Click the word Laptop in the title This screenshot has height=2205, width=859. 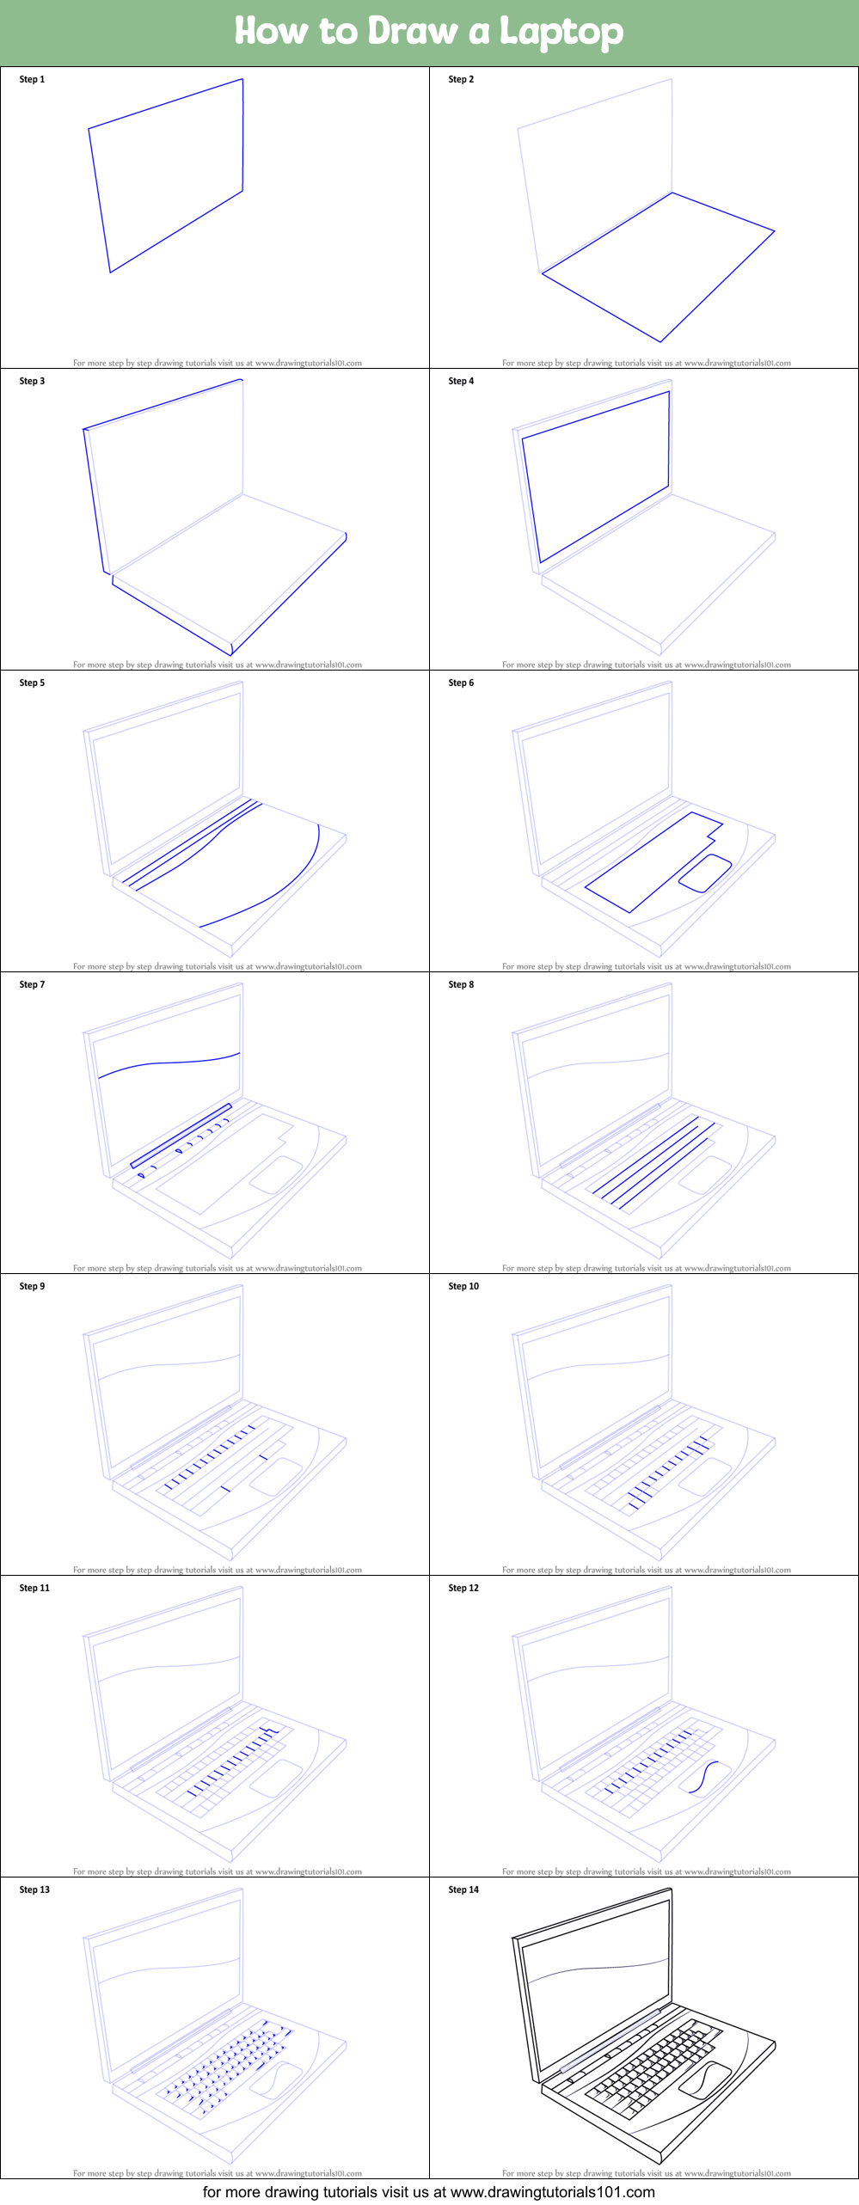pyautogui.click(x=561, y=33)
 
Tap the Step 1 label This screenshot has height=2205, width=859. pyautogui.click(x=32, y=79)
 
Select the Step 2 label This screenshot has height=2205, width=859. pyautogui.click(x=461, y=79)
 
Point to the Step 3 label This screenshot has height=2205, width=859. pyautogui.click(x=32, y=381)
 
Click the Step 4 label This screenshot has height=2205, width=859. pyautogui.click(x=461, y=381)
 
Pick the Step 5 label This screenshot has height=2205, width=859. pyautogui.click(x=32, y=683)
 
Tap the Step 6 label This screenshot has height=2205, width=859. pyautogui.click(x=461, y=683)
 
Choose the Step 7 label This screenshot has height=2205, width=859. pyautogui.click(x=32, y=984)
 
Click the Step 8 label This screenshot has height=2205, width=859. pyautogui.click(x=461, y=984)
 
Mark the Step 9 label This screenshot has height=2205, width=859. pyautogui.click(x=32, y=1286)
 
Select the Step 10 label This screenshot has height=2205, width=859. pyautogui.click(x=463, y=1286)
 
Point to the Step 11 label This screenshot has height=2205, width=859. pyautogui.click(x=34, y=1588)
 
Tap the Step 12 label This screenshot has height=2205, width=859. pyautogui.click(x=463, y=1588)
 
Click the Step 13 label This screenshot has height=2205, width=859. pyautogui.click(x=34, y=1890)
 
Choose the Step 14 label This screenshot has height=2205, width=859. pyautogui.click(x=463, y=1890)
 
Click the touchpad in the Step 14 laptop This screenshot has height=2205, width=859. pyautogui.click(x=704, y=2079)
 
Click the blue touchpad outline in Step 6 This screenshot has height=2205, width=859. pyautogui.click(x=705, y=873)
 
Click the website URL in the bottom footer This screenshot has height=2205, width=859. pyautogui.click(x=552, y=2192)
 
